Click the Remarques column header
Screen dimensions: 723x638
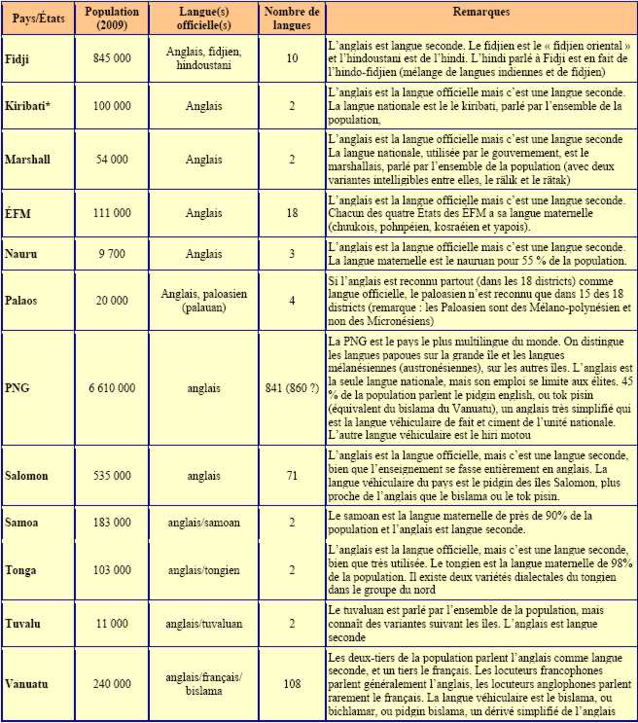(x=480, y=13)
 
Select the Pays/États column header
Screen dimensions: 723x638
(x=30, y=18)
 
